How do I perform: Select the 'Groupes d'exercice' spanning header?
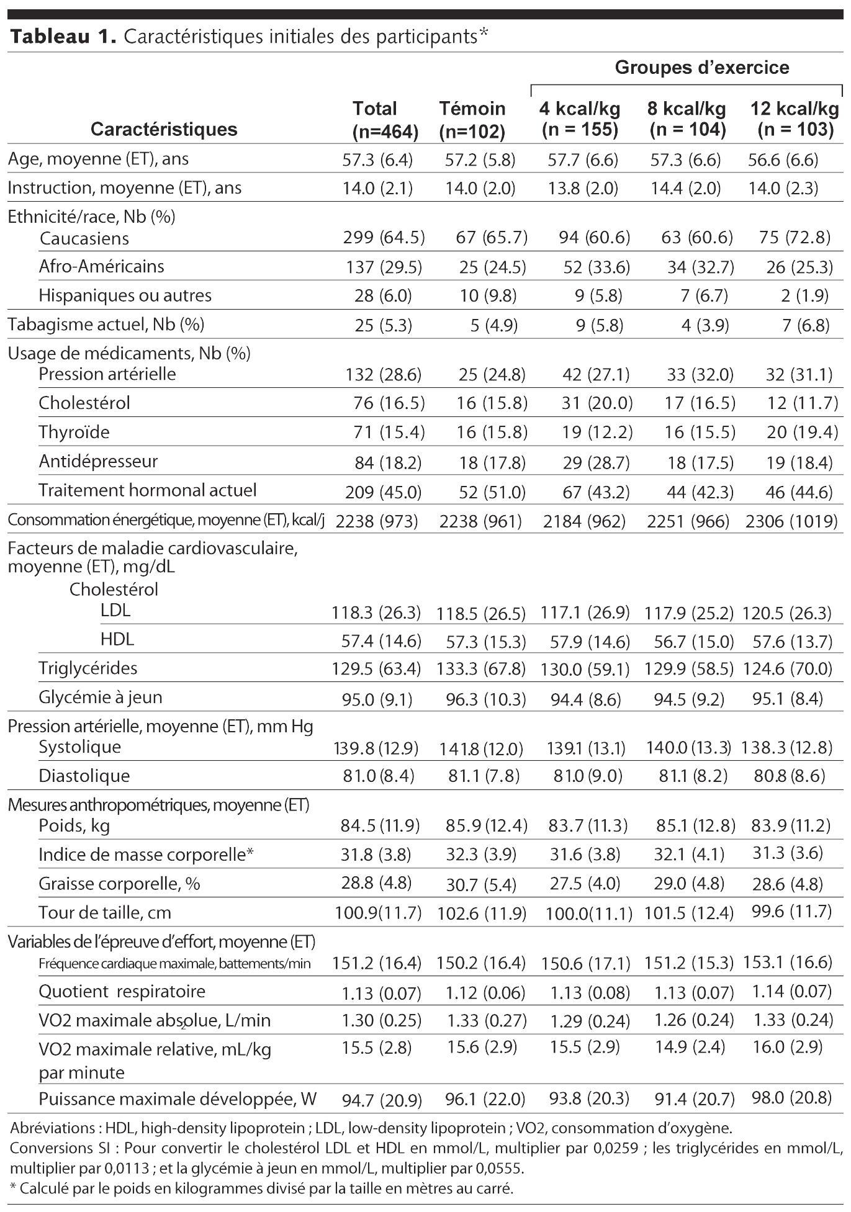pos(702,68)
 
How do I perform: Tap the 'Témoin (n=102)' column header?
pos(472,119)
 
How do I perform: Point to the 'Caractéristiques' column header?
pos(164,129)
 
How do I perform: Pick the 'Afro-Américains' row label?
pos(101,267)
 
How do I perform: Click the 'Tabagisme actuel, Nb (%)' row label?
pos(106,324)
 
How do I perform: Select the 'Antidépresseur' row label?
pos(98,461)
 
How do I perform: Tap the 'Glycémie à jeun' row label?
pos(101,698)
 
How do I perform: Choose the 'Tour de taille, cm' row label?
pos(104,913)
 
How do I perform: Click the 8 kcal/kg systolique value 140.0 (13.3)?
pos(688,748)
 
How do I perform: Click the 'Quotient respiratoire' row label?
pos(122,992)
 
